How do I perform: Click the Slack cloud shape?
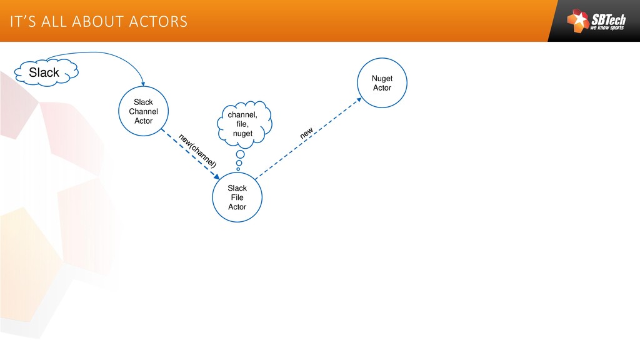point(45,72)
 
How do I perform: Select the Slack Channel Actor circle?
point(143,111)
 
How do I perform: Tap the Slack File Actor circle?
point(237,197)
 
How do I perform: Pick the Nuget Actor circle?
point(382,83)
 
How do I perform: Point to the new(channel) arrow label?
point(197,150)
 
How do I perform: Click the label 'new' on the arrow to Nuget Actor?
point(306,133)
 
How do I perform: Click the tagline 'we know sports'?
point(607,28)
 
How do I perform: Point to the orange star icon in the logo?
point(577,22)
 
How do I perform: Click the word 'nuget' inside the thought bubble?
point(242,134)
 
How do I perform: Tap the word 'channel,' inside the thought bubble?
point(242,116)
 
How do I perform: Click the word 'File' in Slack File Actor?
point(237,197)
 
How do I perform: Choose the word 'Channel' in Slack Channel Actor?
point(143,111)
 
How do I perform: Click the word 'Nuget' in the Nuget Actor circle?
point(382,79)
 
